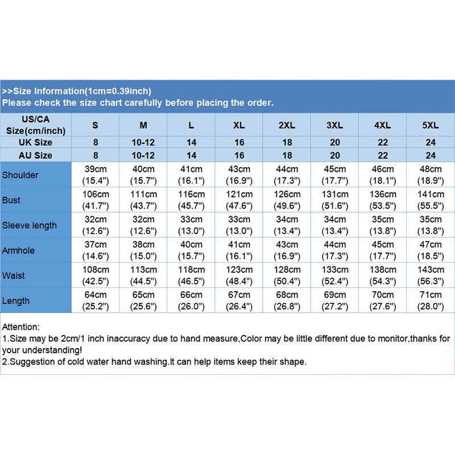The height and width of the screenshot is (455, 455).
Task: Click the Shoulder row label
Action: (x=20, y=175)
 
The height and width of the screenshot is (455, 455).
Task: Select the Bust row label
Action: (x=11, y=200)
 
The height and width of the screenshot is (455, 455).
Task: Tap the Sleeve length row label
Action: (x=30, y=225)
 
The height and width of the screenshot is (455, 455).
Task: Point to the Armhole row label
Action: (x=18, y=250)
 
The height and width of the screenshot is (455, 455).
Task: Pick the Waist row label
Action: (x=14, y=275)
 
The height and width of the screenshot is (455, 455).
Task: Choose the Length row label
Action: (x=16, y=300)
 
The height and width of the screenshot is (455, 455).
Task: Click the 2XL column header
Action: (x=287, y=125)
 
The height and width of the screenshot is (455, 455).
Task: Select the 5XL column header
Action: (x=431, y=125)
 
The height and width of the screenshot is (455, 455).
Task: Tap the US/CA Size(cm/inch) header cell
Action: (x=36, y=125)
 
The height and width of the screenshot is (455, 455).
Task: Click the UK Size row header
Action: (x=36, y=142)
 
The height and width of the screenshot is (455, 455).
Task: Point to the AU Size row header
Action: (x=36, y=155)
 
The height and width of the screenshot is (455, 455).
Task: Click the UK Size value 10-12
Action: (x=143, y=142)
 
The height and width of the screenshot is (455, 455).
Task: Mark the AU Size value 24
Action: (x=431, y=155)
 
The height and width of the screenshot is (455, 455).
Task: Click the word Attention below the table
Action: (x=21, y=327)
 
